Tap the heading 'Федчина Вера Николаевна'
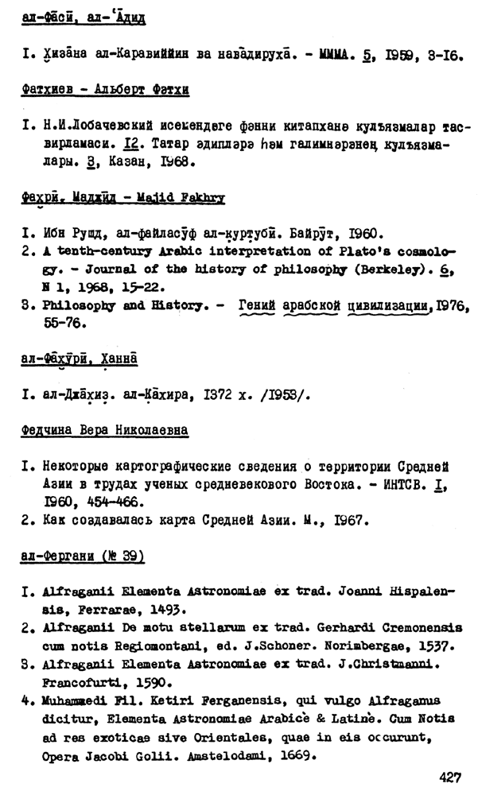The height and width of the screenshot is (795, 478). click(105, 430)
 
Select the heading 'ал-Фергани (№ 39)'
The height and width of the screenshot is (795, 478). click(83, 557)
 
